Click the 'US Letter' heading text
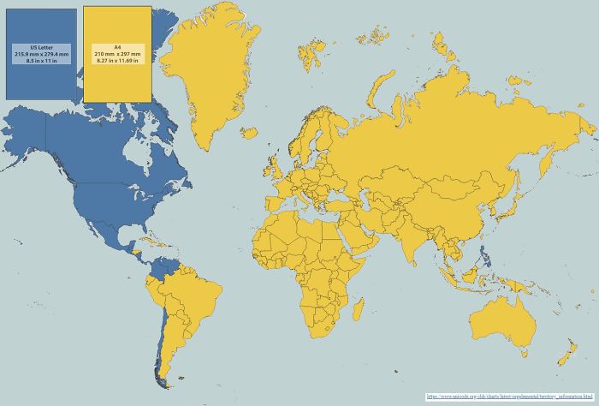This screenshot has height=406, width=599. click(40, 47)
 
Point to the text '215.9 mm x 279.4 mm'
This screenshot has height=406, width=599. click(40, 54)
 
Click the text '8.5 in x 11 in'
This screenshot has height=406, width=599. click(40, 61)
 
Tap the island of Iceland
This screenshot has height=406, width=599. click(250, 134)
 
